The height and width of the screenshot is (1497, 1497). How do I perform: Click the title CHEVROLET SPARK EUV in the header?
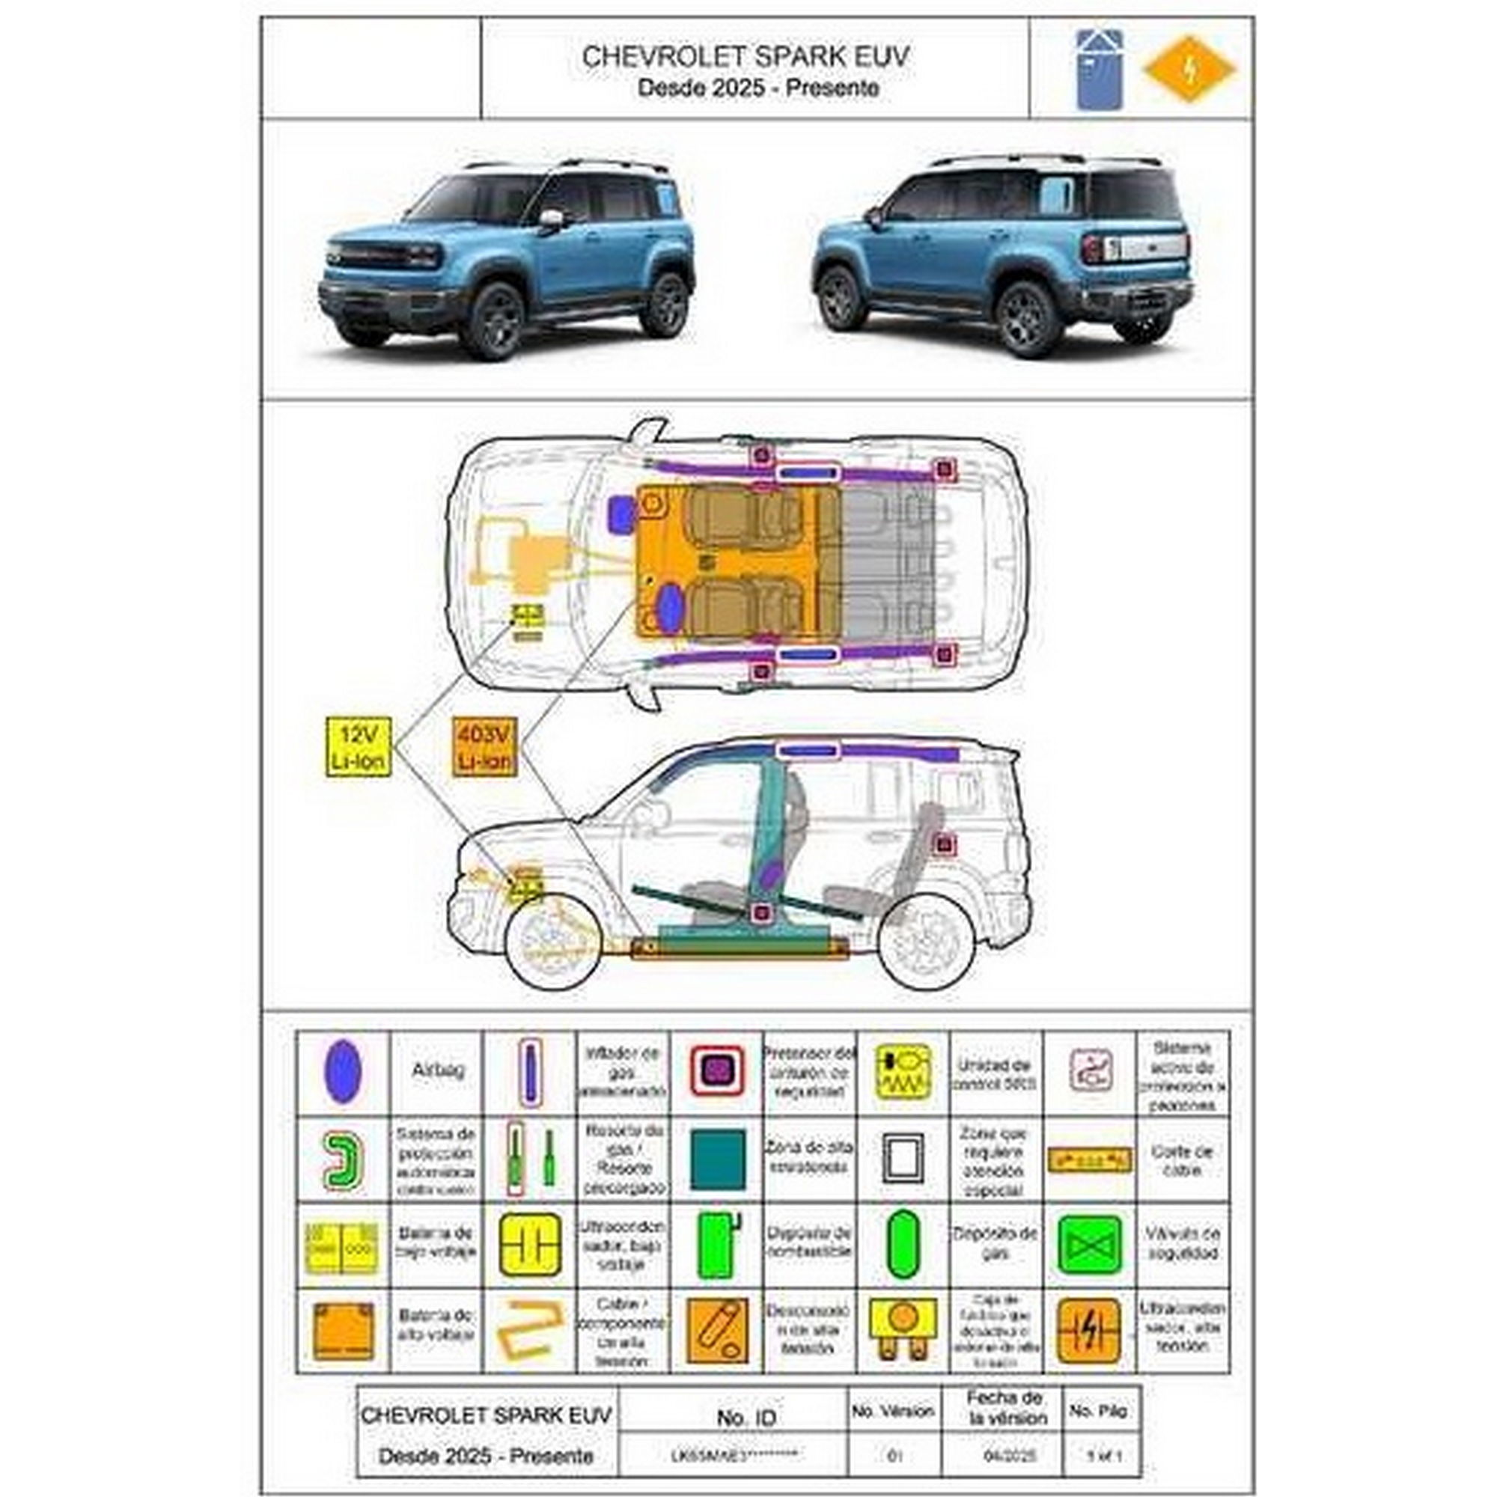(746, 56)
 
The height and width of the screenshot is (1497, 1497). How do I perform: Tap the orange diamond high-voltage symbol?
(1189, 69)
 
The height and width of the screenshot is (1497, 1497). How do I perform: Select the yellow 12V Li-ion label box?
(357, 747)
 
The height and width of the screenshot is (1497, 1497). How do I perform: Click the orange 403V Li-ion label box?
(484, 747)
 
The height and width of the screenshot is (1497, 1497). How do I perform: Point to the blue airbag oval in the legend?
(343, 1072)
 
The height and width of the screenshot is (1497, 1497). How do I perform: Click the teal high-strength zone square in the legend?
(718, 1159)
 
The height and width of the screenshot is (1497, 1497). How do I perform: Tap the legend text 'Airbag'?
(438, 1070)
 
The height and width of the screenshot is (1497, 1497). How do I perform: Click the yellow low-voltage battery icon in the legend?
(342, 1247)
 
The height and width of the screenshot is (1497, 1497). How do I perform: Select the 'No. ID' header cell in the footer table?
(746, 1417)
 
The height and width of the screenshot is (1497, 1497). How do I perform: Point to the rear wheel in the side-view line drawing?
(927, 942)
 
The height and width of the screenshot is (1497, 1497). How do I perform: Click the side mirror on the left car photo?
(550, 219)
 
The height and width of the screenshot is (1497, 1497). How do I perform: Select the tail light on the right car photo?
(1094, 249)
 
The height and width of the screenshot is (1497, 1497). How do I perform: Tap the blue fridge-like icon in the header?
(1100, 69)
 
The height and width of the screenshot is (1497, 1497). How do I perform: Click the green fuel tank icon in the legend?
(718, 1246)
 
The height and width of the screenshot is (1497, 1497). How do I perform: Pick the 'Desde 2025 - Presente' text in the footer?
(486, 1456)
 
